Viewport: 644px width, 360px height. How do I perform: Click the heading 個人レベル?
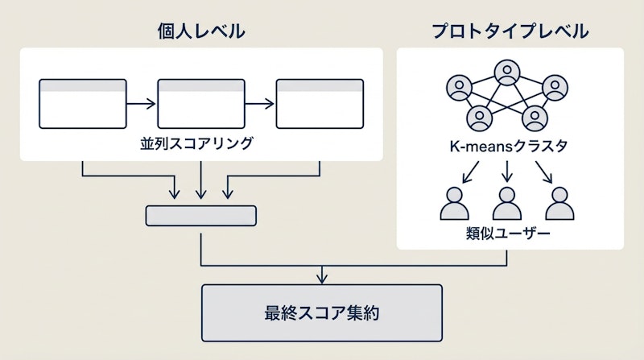click(200, 31)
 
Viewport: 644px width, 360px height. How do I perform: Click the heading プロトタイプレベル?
click(510, 31)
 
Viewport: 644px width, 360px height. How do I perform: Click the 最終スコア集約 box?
click(321, 312)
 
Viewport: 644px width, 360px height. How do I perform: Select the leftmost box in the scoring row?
click(83, 104)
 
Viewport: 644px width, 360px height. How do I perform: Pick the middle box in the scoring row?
click(200, 104)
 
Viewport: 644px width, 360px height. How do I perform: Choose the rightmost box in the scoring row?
click(319, 104)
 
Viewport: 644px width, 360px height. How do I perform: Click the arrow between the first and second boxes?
click(142, 104)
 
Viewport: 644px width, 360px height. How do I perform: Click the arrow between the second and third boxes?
click(259, 104)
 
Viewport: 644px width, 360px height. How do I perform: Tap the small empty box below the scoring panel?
click(200, 215)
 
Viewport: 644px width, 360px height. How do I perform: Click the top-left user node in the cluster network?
click(459, 85)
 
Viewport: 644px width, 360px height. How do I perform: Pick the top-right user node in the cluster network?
click(555, 85)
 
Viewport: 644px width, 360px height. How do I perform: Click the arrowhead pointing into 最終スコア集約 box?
click(321, 279)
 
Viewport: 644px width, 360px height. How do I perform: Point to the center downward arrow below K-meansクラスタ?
click(507, 170)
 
